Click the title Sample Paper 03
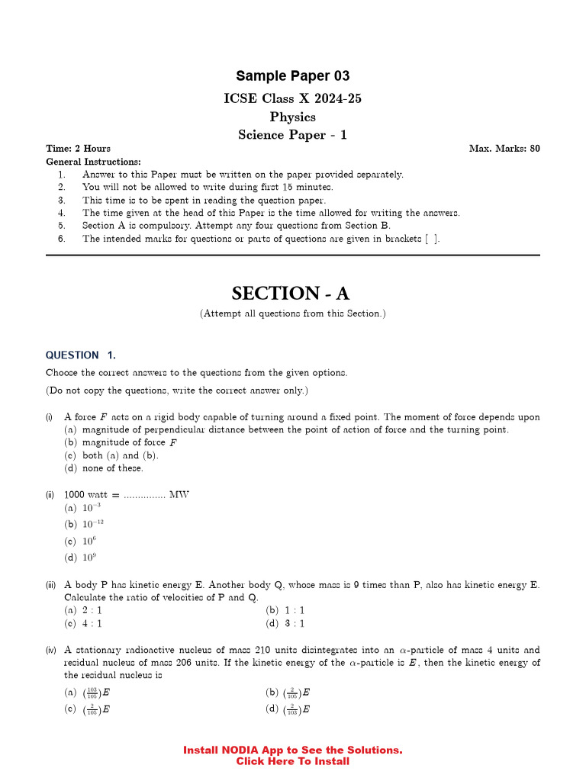pyautogui.click(x=293, y=76)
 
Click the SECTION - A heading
pyautogui.click(x=293, y=294)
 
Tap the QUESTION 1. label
pyautogui.click(x=81, y=355)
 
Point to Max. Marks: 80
pyautogui.click(x=504, y=149)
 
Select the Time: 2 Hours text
pyautogui.click(x=78, y=149)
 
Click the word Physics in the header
pyautogui.click(x=293, y=117)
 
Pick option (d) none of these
pyautogui.click(x=104, y=468)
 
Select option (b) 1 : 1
pyautogui.click(x=285, y=610)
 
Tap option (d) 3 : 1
pyautogui.click(x=285, y=623)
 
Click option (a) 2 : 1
pyautogui.click(x=83, y=610)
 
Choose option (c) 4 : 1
pyautogui.click(x=83, y=623)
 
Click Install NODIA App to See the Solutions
pyautogui.click(x=293, y=750)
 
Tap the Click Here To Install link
pyautogui.click(x=293, y=761)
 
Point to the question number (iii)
pyautogui.click(x=50, y=585)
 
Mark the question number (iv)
pyautogui.click(x=50, y=651)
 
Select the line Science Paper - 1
pyautogui.click(x=293, y=135)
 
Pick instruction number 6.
pyautogui.click(x=62, y=239)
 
